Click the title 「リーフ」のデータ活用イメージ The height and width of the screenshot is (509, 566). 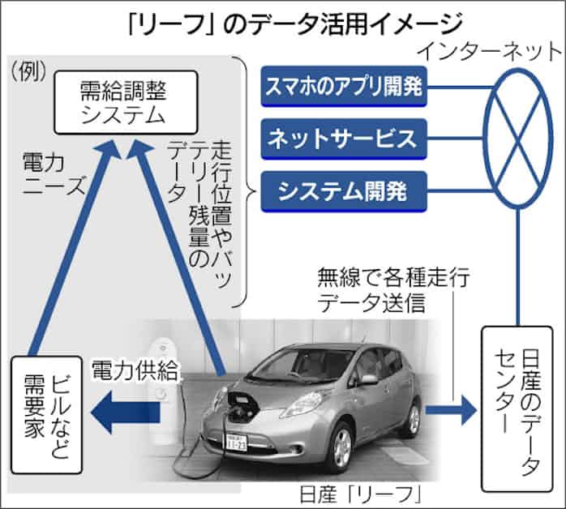[282, 19]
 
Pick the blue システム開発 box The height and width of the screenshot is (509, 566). [344, 191]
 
